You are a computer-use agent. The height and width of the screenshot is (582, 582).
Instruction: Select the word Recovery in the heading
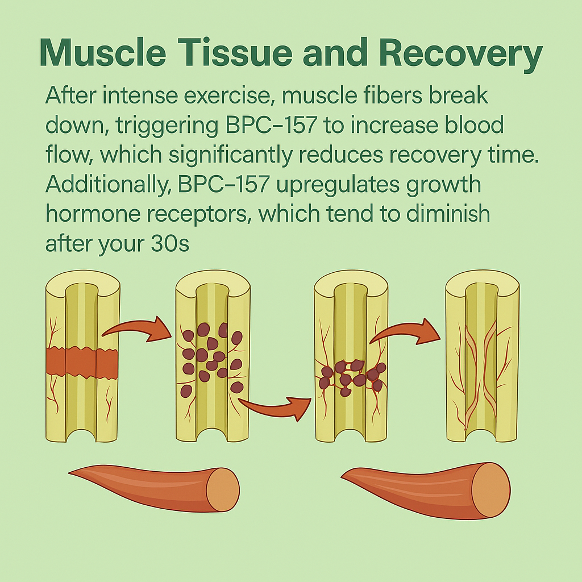459,54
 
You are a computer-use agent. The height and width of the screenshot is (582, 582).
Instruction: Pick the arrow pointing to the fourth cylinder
406,333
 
